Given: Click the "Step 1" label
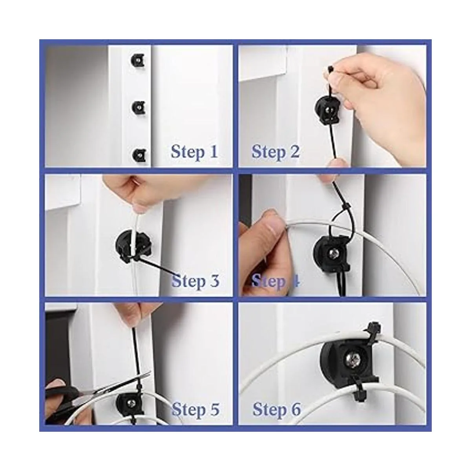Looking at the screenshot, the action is point(194,152).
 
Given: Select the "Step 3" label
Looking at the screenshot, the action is point(195,281).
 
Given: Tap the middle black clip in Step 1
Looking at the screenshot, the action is point(138,107).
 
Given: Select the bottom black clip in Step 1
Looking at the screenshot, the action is point(139,155).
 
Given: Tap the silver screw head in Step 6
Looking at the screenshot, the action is point(353,359).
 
